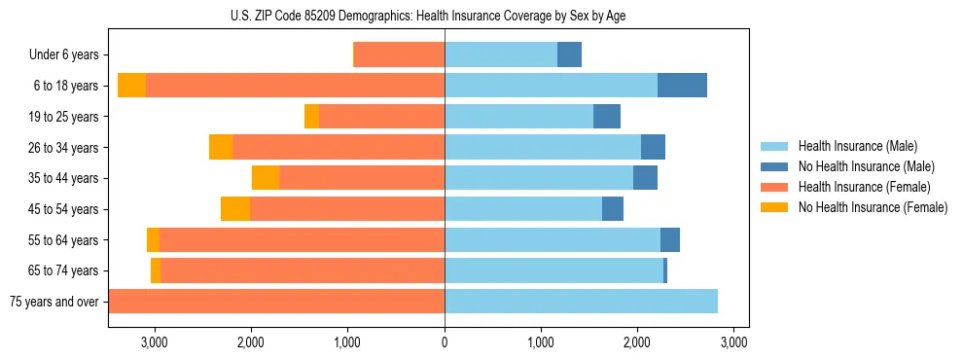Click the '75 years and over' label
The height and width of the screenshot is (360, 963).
click(53, 302)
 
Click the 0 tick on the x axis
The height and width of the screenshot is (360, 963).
click(445, 342)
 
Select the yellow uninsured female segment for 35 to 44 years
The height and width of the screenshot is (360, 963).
click(266, 178)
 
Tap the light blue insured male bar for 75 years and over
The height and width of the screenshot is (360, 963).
click(581, 302)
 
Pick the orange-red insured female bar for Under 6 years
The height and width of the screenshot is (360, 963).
click(399, 55)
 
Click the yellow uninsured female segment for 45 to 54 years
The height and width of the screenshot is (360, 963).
click(235, 209)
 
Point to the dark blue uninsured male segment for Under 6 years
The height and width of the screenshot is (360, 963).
click(569, 55)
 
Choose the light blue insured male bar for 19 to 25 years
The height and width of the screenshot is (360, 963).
click(518, 117)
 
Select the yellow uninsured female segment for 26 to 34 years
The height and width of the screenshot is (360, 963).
click(221, 147)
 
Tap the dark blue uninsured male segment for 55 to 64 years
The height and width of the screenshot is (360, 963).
click(670, 239)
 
